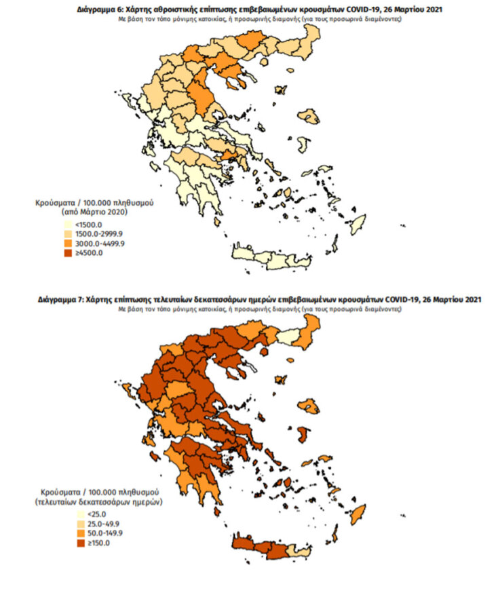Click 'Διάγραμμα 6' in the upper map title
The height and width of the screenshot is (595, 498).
[x=100, y=10]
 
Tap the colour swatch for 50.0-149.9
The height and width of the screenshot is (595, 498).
[x=81, y=534]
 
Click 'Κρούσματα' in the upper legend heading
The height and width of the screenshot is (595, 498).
[x=52, y=203]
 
